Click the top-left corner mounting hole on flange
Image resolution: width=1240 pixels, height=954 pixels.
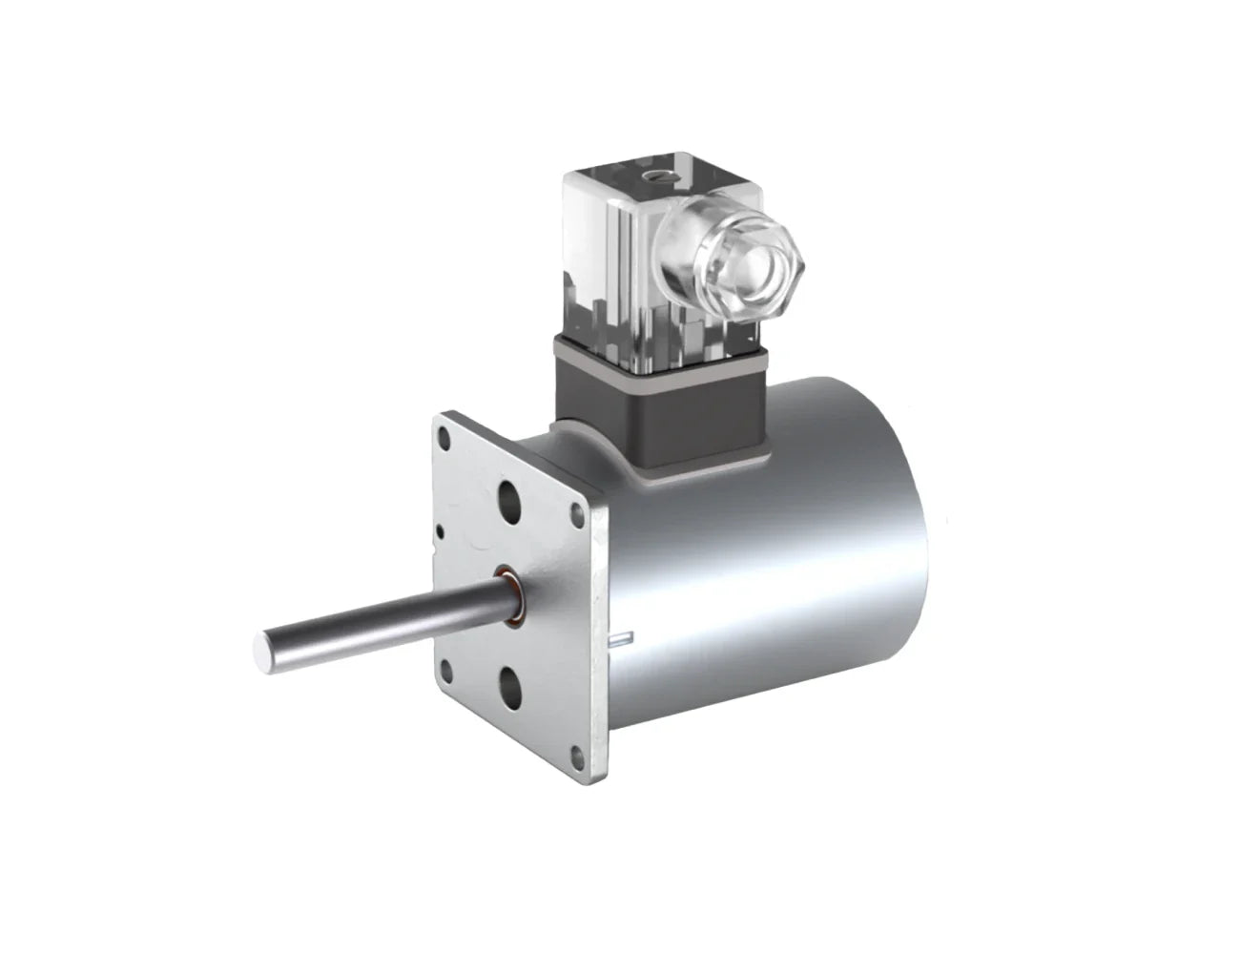(444, 438)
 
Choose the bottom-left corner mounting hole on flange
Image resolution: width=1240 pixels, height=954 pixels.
(447, 662)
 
